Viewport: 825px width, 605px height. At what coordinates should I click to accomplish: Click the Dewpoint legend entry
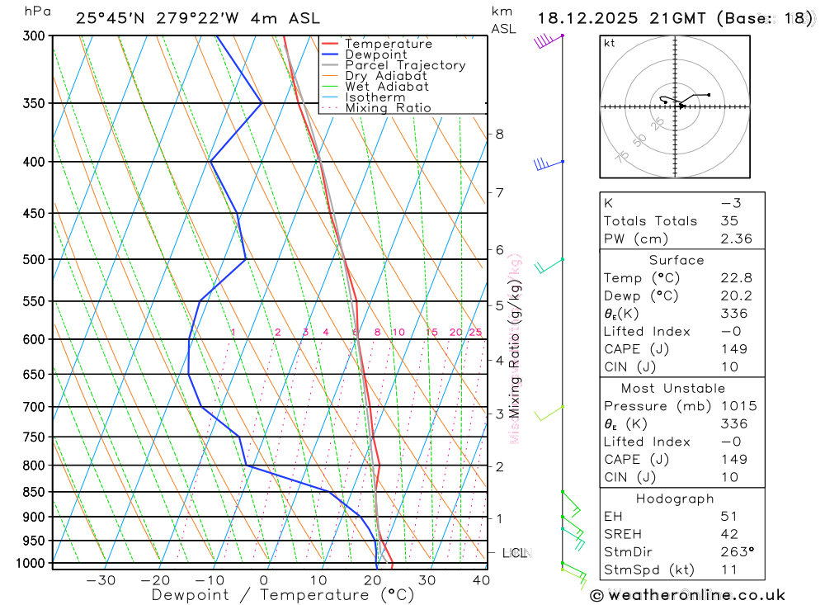(375, 54)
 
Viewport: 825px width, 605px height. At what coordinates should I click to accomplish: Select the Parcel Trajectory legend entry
(404, 65)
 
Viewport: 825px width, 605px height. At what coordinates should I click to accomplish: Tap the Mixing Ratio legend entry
(388, 107)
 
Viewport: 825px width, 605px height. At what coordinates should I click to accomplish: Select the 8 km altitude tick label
(499, 134)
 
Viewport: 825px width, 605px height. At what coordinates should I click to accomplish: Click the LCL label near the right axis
(515, 552)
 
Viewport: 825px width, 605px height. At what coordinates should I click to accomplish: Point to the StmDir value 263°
(734, 552)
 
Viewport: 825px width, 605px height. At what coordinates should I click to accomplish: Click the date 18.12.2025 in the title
(591, 18)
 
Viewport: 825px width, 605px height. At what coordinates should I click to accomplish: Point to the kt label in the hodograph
(610, 43)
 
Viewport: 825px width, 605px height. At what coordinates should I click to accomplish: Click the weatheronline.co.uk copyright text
(688, 594)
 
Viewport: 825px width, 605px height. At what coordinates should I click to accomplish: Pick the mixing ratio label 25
(475, 333)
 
